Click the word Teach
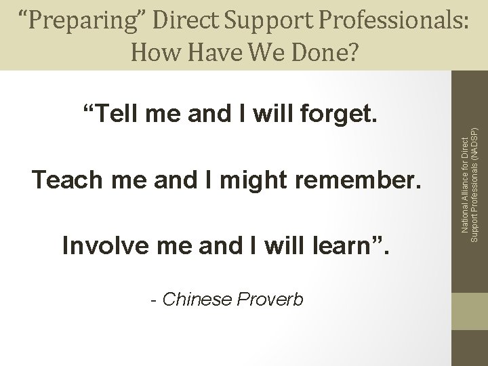[64, 181]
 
